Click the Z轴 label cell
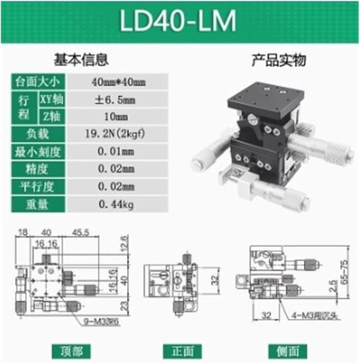(x=47, y=116)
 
